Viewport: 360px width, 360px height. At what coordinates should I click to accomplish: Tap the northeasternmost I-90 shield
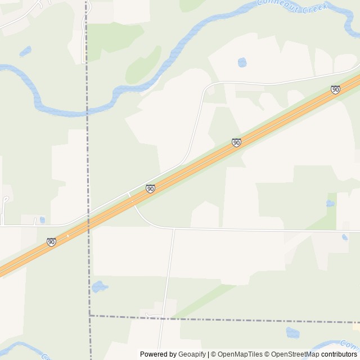(x=335, y=89)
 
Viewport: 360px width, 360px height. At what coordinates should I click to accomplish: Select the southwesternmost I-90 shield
(x=51, y=242)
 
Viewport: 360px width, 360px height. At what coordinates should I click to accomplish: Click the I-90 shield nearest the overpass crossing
(x=150, y=188)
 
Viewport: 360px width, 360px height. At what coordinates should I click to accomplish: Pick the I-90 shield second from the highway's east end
(x=236, y=143)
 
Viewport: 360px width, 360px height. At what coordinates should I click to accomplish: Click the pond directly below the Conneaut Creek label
(x=242, y=62)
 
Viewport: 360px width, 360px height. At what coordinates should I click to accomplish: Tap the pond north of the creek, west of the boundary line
(x=25, y=52)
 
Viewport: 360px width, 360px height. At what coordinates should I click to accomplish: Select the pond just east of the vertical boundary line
(x=100, y=286)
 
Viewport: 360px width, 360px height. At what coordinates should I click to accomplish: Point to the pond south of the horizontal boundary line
(x=292, y=332)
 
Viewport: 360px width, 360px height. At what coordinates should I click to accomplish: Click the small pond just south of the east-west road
(x=345, y=237)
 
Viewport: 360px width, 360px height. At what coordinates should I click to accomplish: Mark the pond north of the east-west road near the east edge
(x=330, y=203)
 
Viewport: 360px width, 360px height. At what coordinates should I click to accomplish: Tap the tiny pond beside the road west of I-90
(x=42, y=220)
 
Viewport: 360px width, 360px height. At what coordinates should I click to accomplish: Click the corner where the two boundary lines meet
(x=89, y=316)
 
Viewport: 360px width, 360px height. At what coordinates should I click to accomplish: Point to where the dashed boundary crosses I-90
(x=88, y=223)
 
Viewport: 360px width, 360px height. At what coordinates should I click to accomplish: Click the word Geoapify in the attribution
(x=192, y=354)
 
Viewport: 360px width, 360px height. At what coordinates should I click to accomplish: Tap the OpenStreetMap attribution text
(x=294, y=354)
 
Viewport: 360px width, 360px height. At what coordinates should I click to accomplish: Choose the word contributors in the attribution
(x=340, y=354)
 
